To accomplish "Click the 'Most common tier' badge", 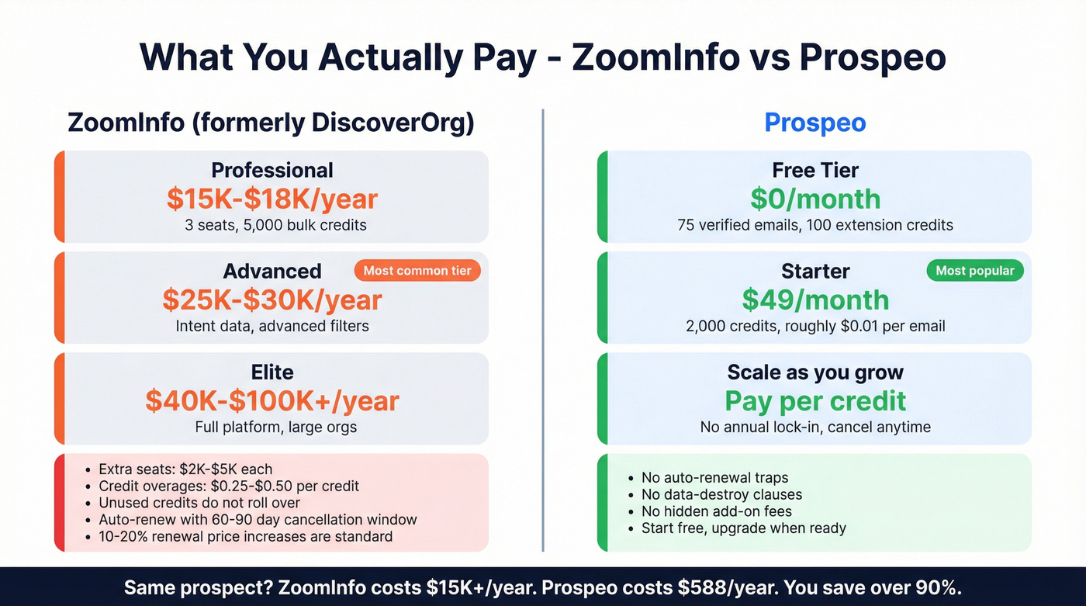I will (417, 271).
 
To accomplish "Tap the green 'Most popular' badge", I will (975, 271).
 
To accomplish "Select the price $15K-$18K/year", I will (271, 199).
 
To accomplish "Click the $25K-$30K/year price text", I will (271, 300).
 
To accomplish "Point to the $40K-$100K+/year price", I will (271, 400).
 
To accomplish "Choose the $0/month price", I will (815, 199).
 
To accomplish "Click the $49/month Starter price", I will (815, 300).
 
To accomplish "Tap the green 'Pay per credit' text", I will (815, 400).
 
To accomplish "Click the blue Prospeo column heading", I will (815, 123).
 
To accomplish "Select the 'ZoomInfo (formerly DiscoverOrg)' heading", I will (271, 123).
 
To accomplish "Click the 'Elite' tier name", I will (271, 372).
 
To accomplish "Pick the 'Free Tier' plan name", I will (815, 170).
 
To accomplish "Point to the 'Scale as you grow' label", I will (815, 372).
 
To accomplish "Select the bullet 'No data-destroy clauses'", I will (721, 494).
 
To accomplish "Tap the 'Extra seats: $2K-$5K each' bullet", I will (185, 469).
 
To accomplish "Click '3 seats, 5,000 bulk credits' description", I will (271, 225).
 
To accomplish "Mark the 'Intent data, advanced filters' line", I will (271, 326).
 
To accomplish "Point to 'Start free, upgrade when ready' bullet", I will (743, 528).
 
